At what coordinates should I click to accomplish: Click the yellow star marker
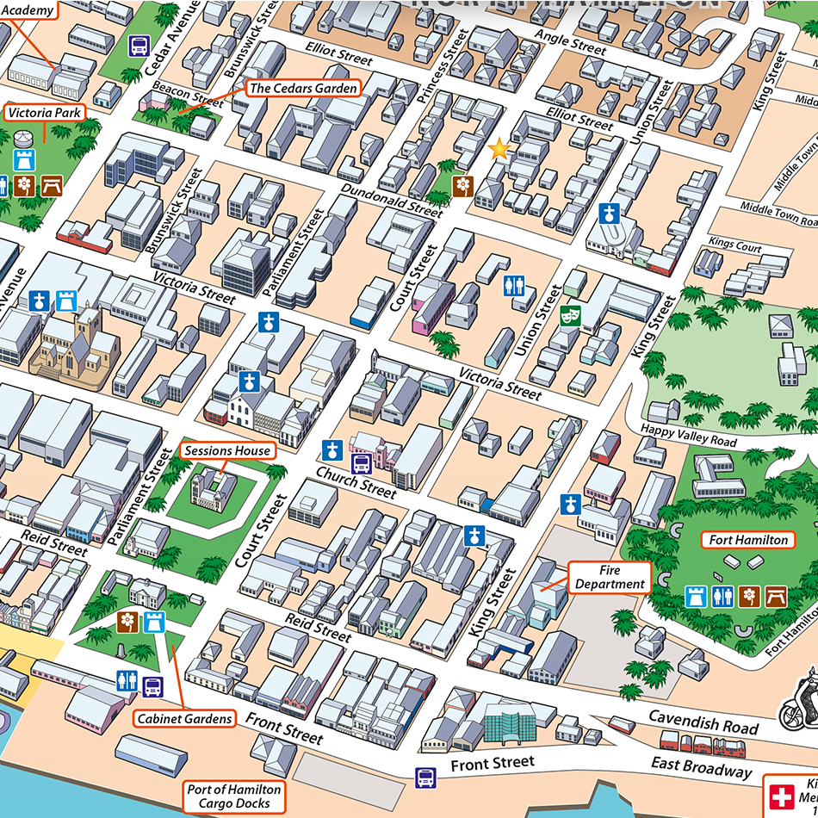coord(499,150)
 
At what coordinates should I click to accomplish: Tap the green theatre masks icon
coord(568,316)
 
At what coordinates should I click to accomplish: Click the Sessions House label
coord(228,450)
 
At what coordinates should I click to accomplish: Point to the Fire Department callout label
coord(610,577)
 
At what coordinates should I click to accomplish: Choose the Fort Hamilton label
coord(747,540)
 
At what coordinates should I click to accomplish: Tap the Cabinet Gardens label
coord(184,718)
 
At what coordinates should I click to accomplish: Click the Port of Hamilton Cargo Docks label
coord(234,796)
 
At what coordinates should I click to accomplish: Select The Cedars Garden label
coord(302,88)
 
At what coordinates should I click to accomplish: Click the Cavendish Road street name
coord(703,722)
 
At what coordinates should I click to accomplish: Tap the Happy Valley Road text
coord(688,435)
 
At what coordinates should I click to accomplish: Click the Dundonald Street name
coord(391,200)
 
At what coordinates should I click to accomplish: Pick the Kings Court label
coord(735,245)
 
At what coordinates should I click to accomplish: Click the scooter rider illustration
coord(798,700)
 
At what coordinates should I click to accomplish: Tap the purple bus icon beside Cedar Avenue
coord(139,46)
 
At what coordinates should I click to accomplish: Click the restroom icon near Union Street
coord(514,284)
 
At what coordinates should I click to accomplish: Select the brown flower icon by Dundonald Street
coord(463,185)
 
